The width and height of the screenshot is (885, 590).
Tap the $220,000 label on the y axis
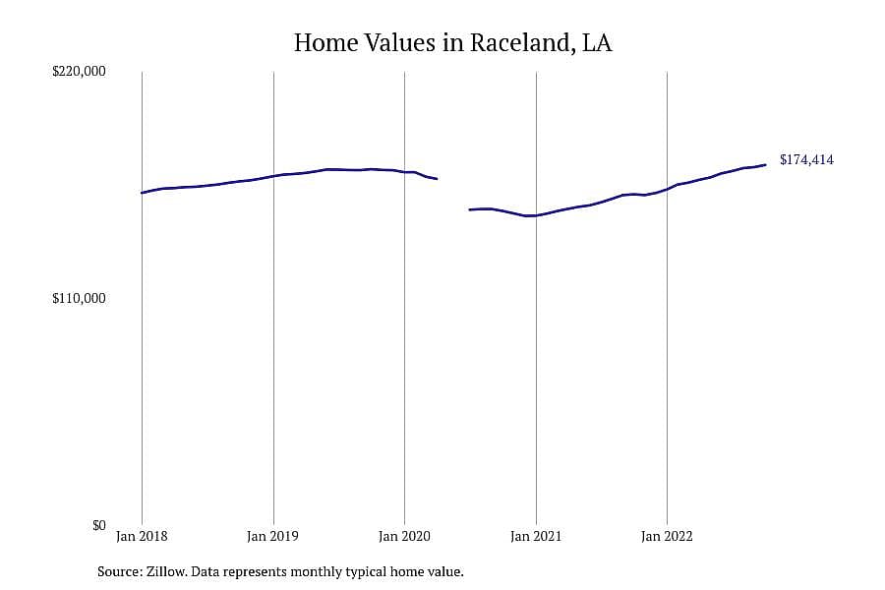[x=79, y=71]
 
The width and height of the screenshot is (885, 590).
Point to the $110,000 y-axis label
[x=79, y=298]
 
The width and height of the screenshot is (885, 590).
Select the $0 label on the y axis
[x=98, y=525]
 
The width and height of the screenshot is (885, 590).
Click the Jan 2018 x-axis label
[x=142, y=536]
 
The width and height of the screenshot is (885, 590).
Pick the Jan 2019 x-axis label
[x=272, y=536]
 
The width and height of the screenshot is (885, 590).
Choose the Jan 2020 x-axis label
[x=404, y=536]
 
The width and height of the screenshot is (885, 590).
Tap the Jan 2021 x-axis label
[x=536, y=536]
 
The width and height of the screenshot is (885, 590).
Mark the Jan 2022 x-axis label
[x=667, y=536]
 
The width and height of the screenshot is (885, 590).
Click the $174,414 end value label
[x=806, y=159]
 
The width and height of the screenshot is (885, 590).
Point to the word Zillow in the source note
[x=166, y=571]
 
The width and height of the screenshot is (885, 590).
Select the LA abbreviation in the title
[x=597, y=43]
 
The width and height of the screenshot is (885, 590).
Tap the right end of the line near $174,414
[x=765, y=165]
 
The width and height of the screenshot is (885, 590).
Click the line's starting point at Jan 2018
[x=142, y=193]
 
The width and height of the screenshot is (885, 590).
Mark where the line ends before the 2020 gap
[x=437, y=179]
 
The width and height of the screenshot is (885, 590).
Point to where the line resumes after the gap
[x=470, y=210]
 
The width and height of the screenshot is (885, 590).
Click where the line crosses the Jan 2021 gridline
[x=536, y=215]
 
